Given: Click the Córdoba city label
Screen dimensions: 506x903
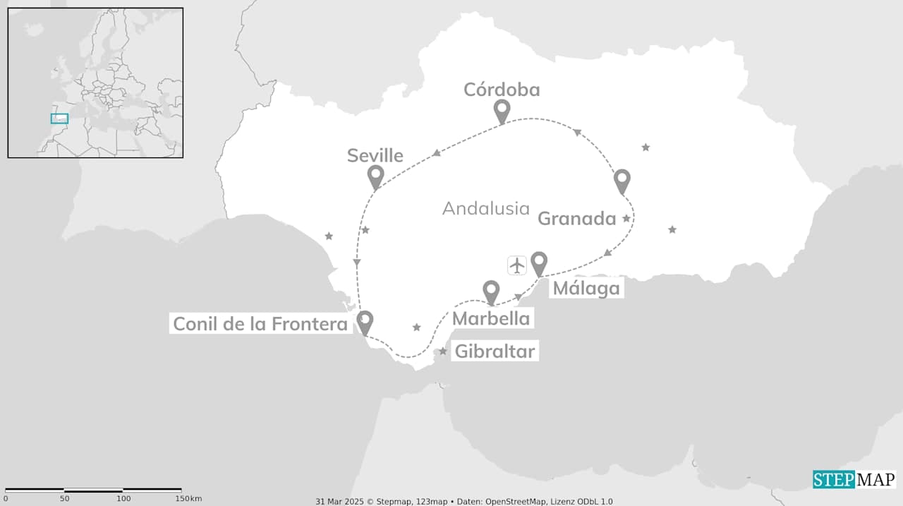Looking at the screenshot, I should pyautogui.click(x=502, y=90).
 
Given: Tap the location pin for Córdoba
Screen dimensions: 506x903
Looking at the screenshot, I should pyautogui.click(x=502, y=110).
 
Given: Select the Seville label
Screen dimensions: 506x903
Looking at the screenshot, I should pyautogui.click(x=375, y=155).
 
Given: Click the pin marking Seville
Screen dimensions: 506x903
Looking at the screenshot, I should pyautogui.click(x=375, y=176).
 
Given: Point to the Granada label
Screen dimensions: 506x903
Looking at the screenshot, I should pyautogui.click(x=577, y=219).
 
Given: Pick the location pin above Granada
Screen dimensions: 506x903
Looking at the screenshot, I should pyautogui.click(x=622, y=180).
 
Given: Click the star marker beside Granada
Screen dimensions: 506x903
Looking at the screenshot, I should pyautogui.click(x=626, y=219).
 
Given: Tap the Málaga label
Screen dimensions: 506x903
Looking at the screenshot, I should pyautogui.click(x=586, y=288).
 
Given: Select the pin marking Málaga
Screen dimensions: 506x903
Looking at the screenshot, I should pyautogui.click(x=539, y=263).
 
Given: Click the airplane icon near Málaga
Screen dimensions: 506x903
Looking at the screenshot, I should pyautogui.click(x=517, y=265).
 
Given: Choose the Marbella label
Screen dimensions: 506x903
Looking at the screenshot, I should pyautogui.click(x=491, y=318).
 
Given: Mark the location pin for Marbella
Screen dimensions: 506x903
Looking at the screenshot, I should pyautogui.click(x=491, y=291).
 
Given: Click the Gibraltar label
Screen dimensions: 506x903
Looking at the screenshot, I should pyautogui.click(x=495, y=351).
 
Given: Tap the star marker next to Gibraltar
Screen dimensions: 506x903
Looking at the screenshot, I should pyautogui.click(x=443, y=351).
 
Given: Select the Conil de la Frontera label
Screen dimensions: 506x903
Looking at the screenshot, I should pyautogui.click(x=260, y=324).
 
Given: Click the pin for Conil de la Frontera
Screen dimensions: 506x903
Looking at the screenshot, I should pyautogui.click(x=365, y=321).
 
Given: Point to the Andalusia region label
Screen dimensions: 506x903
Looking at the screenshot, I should pyautogui.click(x=485, y=208).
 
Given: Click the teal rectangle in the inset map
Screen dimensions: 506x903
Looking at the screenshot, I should pyautogui.click(x=59, y=119).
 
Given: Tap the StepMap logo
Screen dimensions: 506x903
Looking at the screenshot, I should pyautogui.click(x=854, y=480).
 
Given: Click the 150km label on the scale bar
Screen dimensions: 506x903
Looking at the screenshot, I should pyautogui.click(x=187, y=499).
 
